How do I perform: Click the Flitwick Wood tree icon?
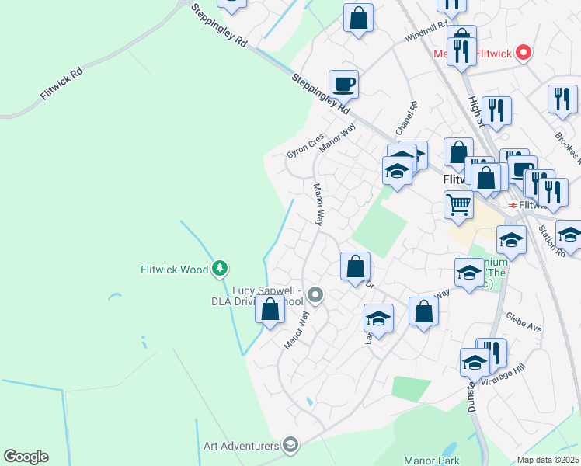[221, 269]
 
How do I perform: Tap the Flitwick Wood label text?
[174, 270]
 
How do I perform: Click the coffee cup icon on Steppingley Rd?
[343, 83]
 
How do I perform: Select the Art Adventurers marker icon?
[290, 444]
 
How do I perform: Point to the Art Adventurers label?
[241, 446]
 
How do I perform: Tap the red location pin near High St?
[524, 53]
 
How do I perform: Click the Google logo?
[26, 457]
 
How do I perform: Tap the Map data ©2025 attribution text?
[548, 460]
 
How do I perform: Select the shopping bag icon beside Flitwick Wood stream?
[270, 310]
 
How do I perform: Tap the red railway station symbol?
[513, 205]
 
